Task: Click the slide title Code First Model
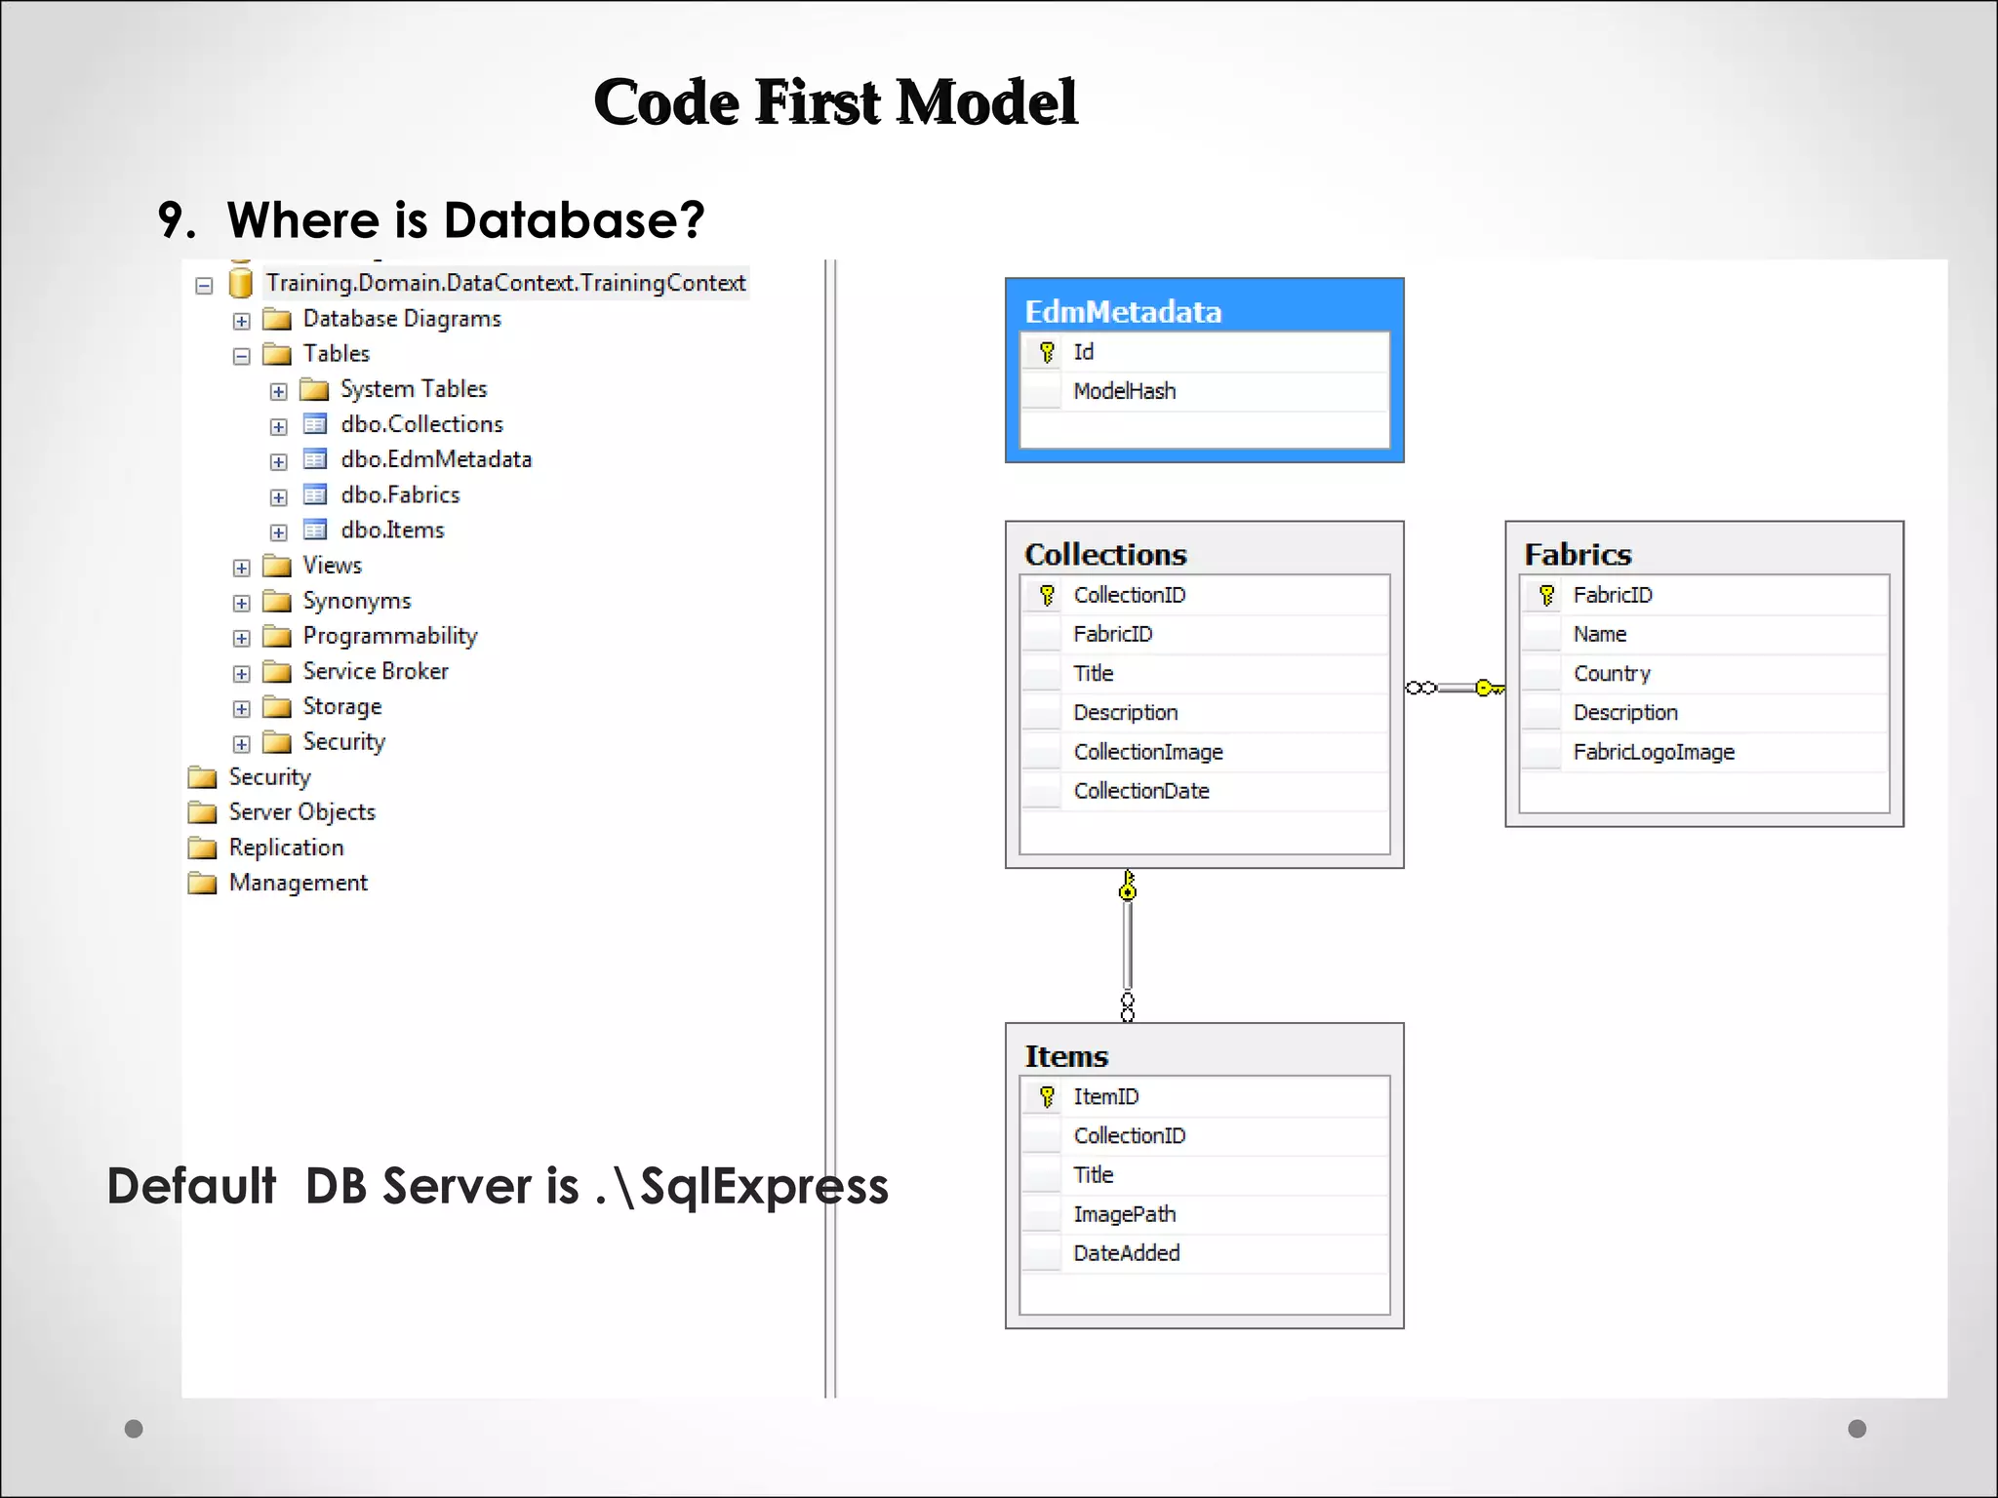(x=835, y=102)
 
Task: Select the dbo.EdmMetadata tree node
(x=435, y=459)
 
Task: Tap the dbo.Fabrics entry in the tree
(x=400, y=494)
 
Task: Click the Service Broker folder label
(x=376, y=671)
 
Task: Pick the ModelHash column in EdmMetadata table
(x=1124, y=391)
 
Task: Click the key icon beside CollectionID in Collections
(x=1047, y=595)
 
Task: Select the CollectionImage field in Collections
(x=1147, y=752)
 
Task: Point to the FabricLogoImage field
(x=1653, y=752)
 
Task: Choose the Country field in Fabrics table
(x=1612, y=673)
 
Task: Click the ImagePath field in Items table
(x=1124, y=1214)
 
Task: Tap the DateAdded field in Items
(x=1126, y=1253)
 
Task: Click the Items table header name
(x=1066, y=1056)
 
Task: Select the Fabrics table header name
(x=1578, y=554)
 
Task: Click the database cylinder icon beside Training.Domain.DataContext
(x=240, y=283)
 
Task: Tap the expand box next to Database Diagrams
(x=242, y=321)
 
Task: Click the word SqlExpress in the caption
(x=763, y=1187)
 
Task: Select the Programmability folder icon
(x=277, y=637)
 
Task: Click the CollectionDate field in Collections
(x=1140, y=791)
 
